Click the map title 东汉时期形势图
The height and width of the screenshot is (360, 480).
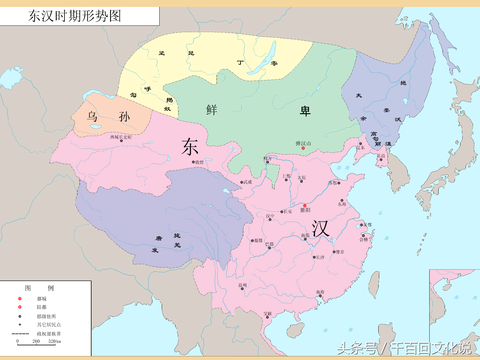[75, 16]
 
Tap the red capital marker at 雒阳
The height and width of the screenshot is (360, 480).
[305, 206]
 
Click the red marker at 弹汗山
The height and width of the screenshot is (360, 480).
[303, 148]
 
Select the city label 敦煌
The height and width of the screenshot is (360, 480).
[199, 162]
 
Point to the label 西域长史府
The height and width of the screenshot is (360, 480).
[121, 137]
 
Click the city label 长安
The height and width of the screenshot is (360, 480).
[288, 212]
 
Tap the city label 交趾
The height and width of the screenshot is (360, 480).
[268, 313]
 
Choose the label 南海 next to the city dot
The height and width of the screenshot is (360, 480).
[320, 292]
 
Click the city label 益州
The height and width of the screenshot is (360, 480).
[242, 285]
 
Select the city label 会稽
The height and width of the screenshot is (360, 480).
[364, 240]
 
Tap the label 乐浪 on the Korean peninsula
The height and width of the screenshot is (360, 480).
[381, 156]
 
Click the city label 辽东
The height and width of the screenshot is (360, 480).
[361, 147]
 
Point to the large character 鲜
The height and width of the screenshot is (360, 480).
[211, 110]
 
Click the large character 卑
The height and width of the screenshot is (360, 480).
[305, 111]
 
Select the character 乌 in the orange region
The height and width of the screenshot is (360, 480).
[92, 116]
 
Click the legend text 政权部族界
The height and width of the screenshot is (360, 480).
[49, 334]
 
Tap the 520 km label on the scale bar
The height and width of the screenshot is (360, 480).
[55, 341]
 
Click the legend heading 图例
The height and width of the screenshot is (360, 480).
[39, 288]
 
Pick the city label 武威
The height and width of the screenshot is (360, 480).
[247, 182]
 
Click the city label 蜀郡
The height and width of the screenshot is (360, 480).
[258, 241]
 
